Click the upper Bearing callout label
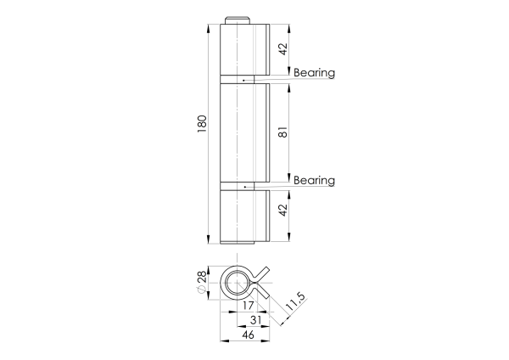(x=314, y=73)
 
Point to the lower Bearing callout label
(x=314, y=181)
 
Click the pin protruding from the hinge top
(x=237, y=20)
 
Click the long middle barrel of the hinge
(x=241, y=132)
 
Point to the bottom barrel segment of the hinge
(x=241, y=217)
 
